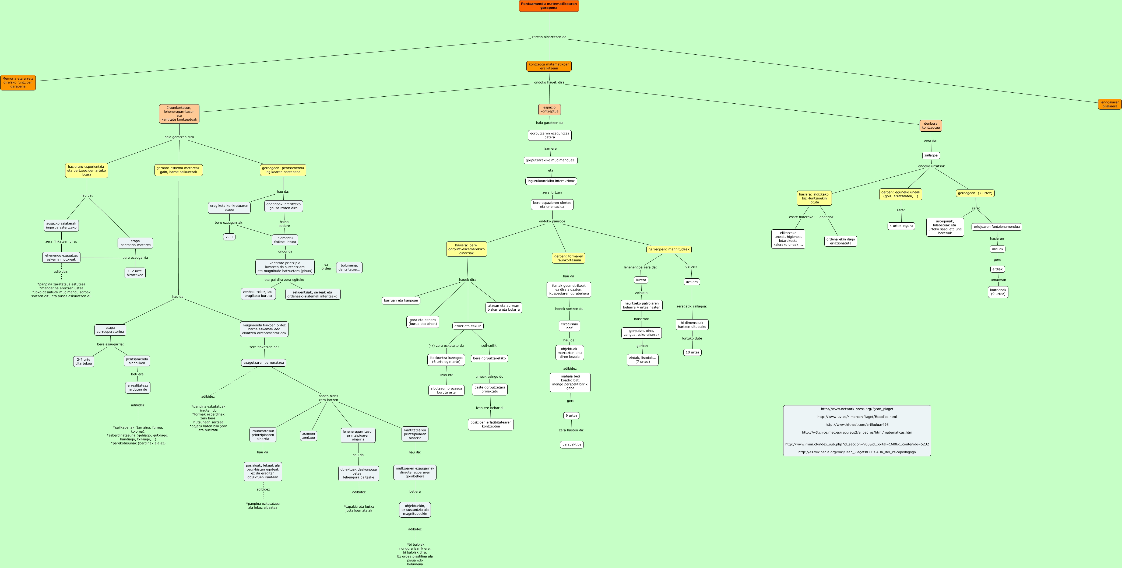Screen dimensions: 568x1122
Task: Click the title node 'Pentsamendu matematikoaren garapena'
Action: (549, 6)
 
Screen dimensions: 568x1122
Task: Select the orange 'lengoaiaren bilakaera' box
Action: (1109, 104)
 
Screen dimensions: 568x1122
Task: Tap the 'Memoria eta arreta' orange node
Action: (18, 82)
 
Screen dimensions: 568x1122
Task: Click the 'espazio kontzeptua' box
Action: (549, 109)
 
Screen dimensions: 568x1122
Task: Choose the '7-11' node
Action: (229, 237)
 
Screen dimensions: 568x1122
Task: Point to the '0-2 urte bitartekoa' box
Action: (135, 273)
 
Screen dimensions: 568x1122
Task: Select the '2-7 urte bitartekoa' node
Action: (84, 362)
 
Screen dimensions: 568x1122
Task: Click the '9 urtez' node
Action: (571, 416)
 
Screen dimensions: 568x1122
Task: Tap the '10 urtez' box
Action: (692, 352)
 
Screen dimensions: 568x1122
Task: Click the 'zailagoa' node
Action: (931, 156)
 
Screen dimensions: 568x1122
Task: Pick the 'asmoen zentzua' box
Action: (308, 436)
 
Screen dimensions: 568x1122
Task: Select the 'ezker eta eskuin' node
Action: (468, 326)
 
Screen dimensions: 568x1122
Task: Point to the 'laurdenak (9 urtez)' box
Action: (998, 292)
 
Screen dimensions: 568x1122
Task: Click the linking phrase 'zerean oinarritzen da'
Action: (549, 37)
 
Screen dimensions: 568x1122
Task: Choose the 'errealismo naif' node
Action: (569, 326)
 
